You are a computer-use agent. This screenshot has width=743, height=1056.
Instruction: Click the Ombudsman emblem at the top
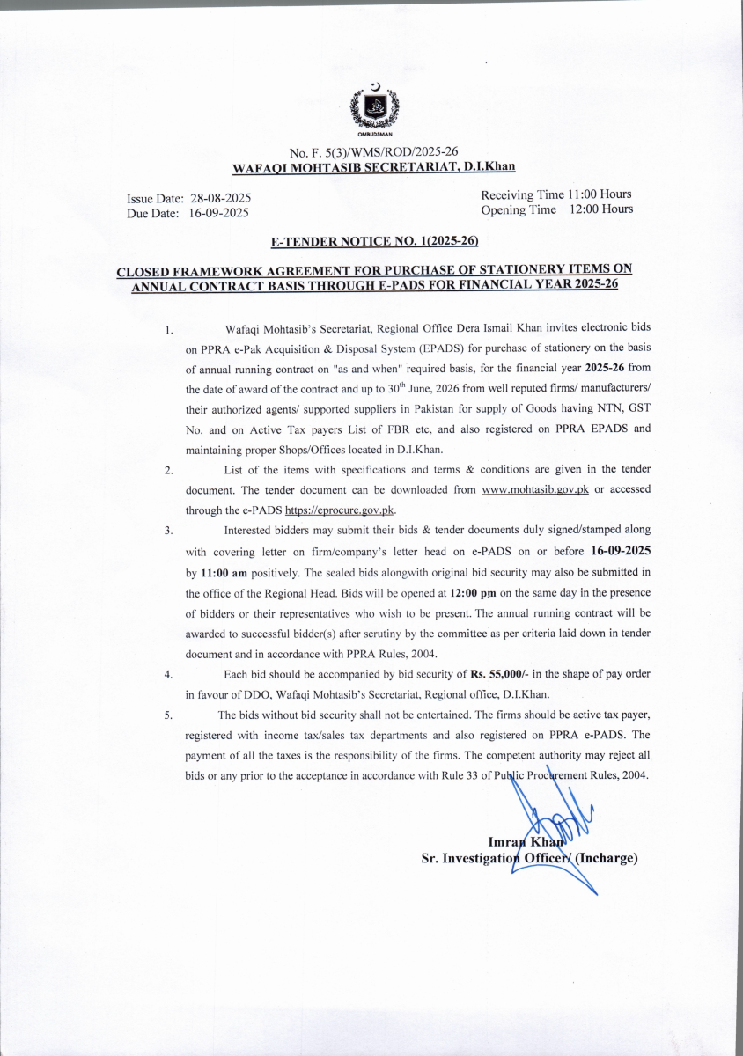(374, 111)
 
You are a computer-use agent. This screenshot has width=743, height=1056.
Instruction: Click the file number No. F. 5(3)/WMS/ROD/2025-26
(373, 152)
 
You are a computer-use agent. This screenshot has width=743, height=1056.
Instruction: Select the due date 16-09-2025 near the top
(219, 214)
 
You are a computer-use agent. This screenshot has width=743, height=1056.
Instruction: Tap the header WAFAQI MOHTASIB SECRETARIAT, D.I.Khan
(373, 166)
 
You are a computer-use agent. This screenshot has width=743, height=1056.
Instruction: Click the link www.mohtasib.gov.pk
(535, 489)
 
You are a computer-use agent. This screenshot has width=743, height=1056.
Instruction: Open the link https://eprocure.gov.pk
(340, 510)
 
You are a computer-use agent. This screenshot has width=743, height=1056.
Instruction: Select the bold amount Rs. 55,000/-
(504, 674)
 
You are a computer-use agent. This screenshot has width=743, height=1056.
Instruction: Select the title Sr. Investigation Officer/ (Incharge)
(529, 859)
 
